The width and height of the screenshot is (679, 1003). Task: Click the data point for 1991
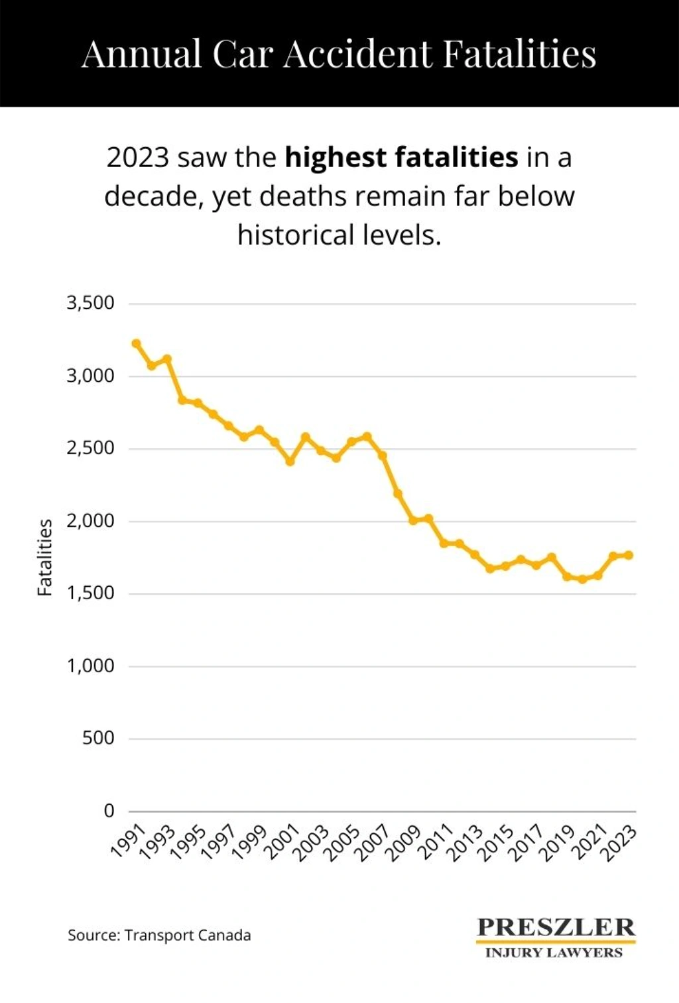(136, 343)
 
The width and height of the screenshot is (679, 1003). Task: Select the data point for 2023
(629, 555)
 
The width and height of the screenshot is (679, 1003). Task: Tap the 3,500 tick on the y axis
(90, 303)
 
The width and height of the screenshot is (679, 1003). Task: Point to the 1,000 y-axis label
(90, 666)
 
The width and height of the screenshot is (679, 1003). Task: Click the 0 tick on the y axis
(109, 811)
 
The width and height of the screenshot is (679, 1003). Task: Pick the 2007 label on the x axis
(373, 843)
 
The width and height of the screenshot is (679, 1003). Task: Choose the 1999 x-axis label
(250, 843)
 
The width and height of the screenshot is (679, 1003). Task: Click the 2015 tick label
(495, 843)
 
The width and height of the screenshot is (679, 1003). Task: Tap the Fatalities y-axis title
(44, 558)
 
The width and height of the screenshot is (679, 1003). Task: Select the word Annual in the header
(141, 54)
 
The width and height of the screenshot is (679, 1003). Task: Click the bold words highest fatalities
(401, 158)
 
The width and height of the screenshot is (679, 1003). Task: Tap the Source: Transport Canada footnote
(159, 935)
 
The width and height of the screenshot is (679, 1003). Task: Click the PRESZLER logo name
(556, 927)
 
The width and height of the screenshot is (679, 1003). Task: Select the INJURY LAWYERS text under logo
(554, 953)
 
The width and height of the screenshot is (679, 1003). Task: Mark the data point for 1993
(167, 359)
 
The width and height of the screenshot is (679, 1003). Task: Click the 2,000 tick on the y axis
(90, 521)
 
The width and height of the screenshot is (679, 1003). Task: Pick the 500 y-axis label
(98, 738)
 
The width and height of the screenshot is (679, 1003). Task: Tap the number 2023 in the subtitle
(138, 158)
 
